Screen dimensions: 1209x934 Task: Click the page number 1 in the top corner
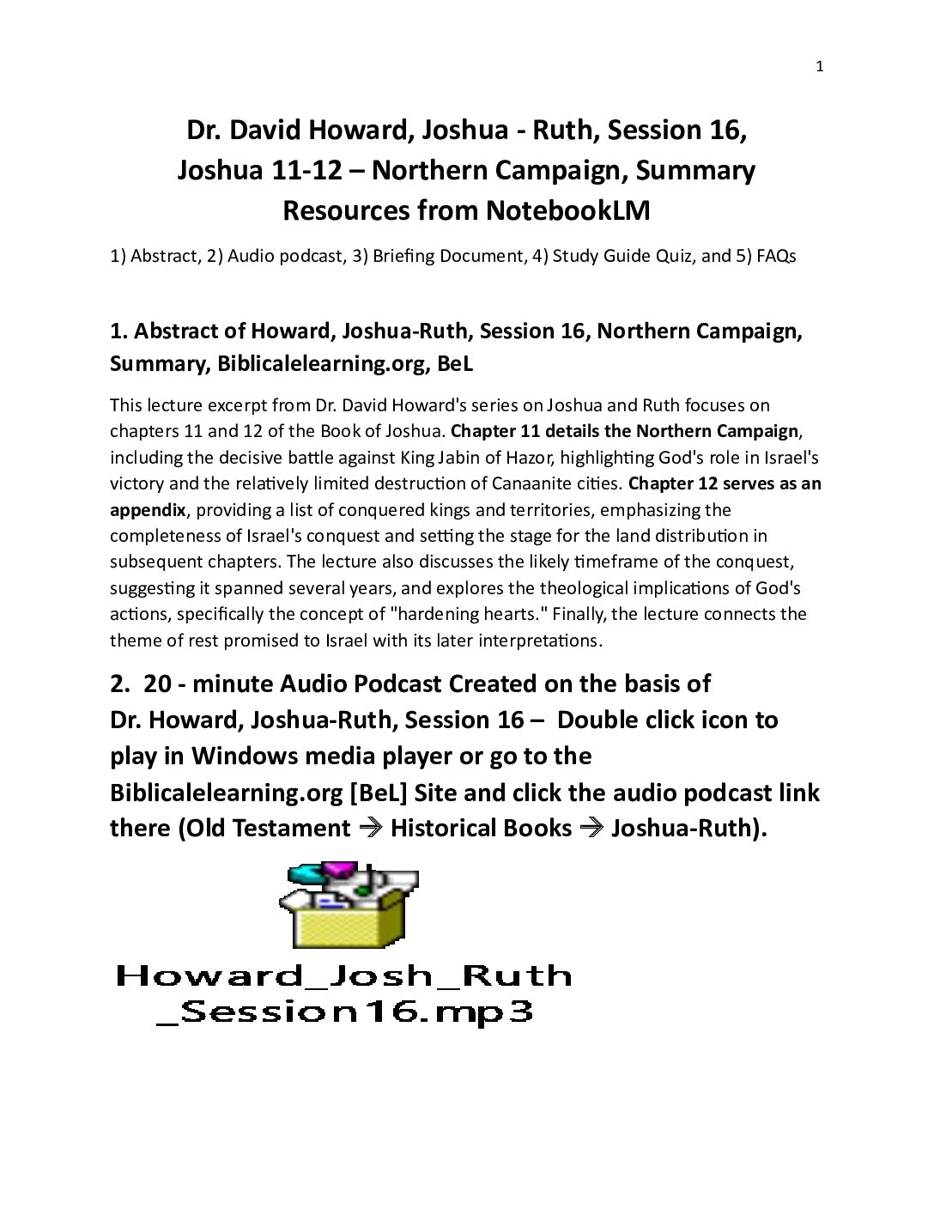point(820,67)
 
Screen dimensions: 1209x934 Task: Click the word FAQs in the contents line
point(776,256)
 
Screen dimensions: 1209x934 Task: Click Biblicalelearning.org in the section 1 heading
point(323,363)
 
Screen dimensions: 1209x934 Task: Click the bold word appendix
point(148,510)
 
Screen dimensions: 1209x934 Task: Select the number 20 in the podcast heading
point(157,683)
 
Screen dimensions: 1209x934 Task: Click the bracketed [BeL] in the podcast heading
point(378,792)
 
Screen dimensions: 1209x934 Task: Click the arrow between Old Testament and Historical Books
point(370,828)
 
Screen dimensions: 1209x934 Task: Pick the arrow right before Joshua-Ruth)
point(591,828)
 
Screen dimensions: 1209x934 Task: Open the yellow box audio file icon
point(348,905)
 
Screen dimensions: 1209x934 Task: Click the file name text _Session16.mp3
point(344,1012)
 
